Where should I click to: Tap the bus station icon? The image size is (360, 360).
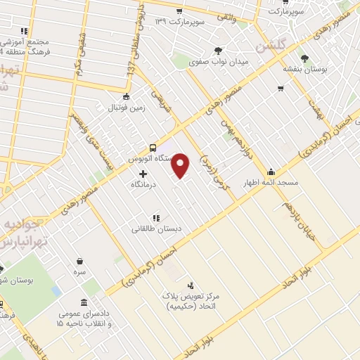tap(153, 148)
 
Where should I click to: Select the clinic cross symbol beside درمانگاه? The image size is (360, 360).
tap(143, 174)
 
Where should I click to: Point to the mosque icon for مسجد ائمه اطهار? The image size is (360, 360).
tap(271, 172)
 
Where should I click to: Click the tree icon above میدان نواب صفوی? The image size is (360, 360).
tap(219, 50)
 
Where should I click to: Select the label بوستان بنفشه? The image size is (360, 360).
tap(304, 70)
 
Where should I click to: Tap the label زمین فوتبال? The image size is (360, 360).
tap(124, 108)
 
